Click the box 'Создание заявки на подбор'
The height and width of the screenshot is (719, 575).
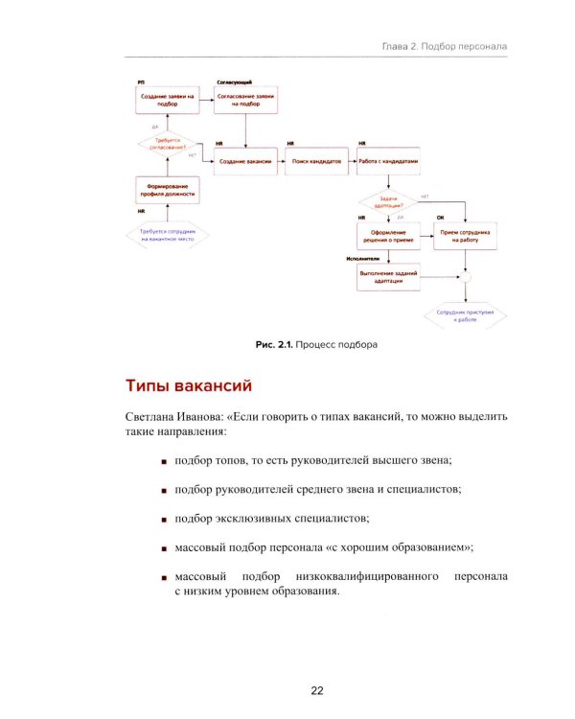(x=168, y=101)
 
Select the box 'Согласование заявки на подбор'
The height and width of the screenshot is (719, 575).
(x=246, y=101)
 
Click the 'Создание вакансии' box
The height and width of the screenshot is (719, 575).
(x=246, y=161)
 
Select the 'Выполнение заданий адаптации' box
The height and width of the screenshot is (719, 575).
(x=388, y=276)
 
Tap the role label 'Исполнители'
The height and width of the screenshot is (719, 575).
(x=362, y=259)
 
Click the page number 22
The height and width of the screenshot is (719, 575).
(x=316, y=690)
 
